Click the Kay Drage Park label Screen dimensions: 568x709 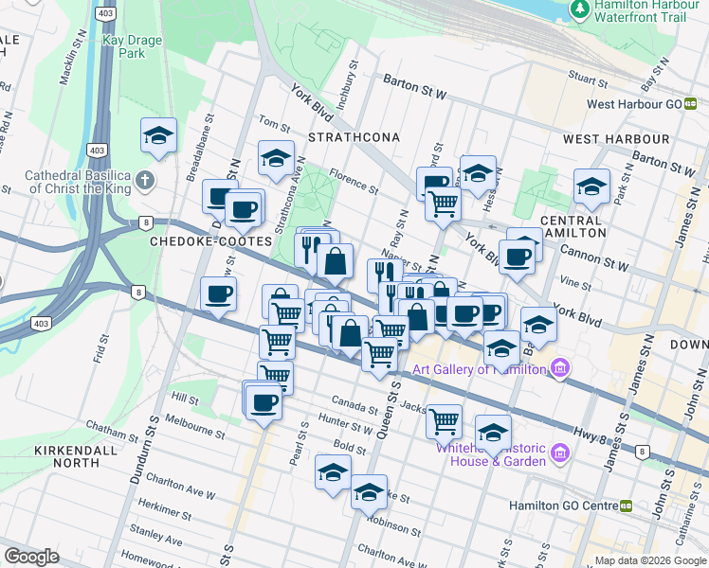click(x=133, y=46)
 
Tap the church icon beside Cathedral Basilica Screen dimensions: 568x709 click(x=144, y=180)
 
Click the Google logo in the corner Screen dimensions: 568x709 click(x=32, y=557)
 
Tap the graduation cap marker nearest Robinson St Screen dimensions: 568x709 click(x=369, y=492)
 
